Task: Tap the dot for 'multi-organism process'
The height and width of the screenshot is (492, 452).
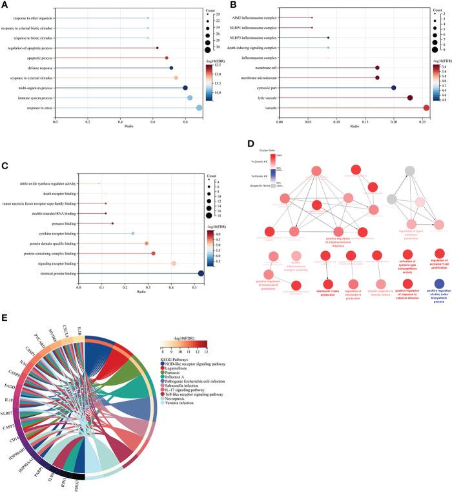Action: (x=185, y=88)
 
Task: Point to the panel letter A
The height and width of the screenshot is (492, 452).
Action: (x=5, y=5)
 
